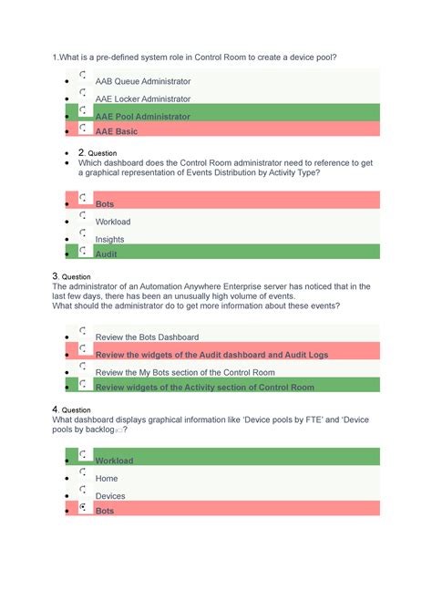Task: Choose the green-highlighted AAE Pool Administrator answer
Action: (143, 117)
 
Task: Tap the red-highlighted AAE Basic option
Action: (116, 131)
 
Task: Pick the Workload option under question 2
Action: (113, 222)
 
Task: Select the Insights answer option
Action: (110, 240)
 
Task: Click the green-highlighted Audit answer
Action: (106, 254)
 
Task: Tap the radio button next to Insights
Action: (83, 233)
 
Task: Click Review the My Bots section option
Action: (185, 373)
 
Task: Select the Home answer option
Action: (107, 479)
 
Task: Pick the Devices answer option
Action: (110, 496)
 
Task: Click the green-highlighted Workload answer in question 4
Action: (114, 461)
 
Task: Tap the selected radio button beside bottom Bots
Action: (83, 506)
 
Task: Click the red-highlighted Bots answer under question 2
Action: (106, 204)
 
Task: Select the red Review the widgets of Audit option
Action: (211, 355)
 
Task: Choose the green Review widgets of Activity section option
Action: (205, 388)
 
